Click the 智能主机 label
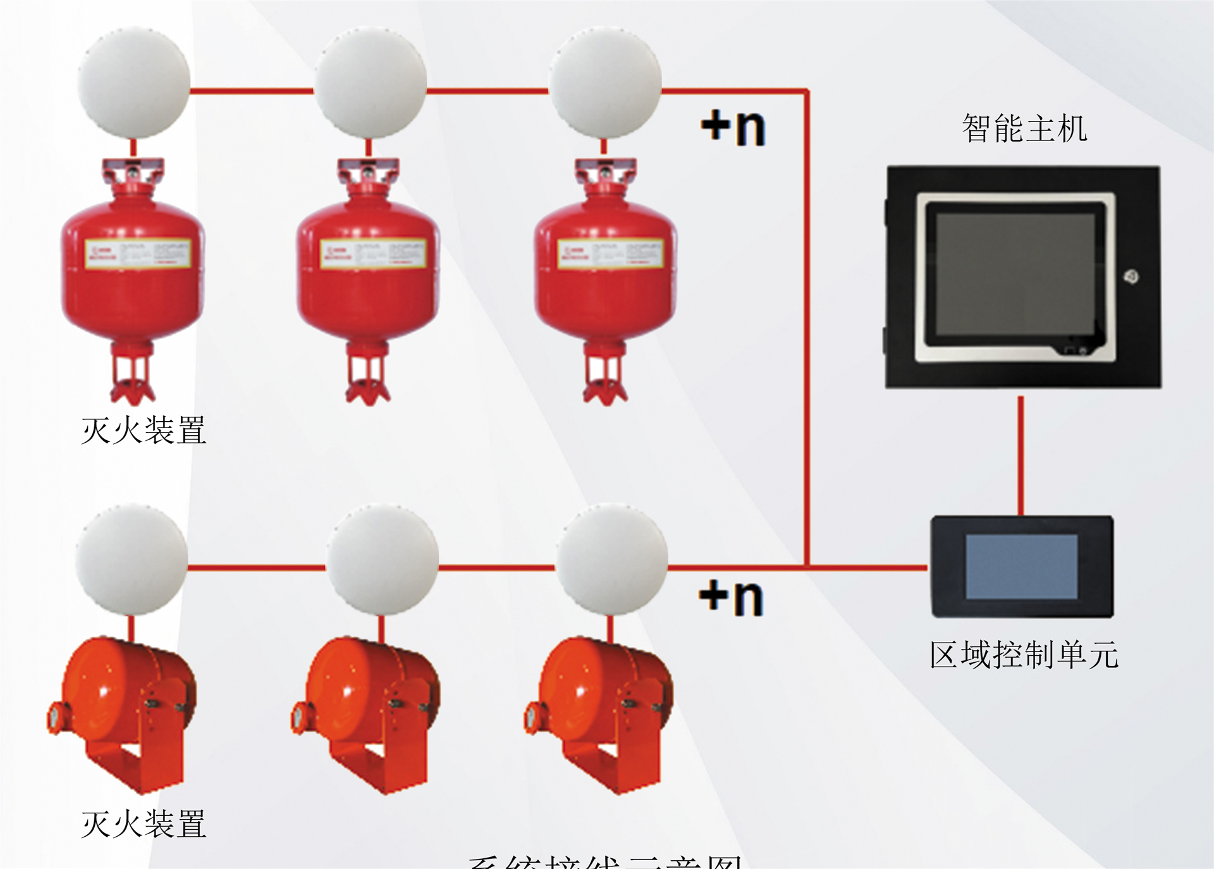coord(1024,128)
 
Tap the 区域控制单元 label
coord(1024,655)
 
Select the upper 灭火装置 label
coord(144,430)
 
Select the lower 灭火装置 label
coord(144,823)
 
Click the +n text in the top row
coord(733,127)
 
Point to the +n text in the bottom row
coord(732,597)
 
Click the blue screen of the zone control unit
coord(1021,567)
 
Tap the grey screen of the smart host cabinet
coord(1015,274)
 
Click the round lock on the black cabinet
coord(1131,276)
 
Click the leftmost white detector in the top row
coord(133,83)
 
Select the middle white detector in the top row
coord(371,83)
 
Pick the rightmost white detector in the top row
coord(605,83)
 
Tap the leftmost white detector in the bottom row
coord(132,560)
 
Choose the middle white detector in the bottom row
coord(383,560)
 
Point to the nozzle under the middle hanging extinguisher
coord(368,379)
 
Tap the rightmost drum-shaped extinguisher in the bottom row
coord(601,702)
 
